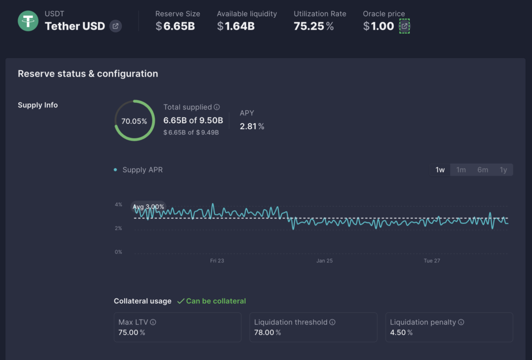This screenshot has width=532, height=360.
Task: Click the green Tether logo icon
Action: pos(28,21)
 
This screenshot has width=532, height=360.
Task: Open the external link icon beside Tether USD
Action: pos(115,26)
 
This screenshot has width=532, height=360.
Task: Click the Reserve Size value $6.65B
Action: pos(175,26)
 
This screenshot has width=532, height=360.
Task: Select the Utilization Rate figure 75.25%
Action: pos(314,26)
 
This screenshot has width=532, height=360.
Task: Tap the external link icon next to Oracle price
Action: pos(404,26)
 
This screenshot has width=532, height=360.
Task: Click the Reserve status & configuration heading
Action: pos(88,74)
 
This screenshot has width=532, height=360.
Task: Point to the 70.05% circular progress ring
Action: pos(134,121)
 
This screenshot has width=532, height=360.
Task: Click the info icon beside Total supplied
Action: pos(217,107)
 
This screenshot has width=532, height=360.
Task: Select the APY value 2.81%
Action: pos(251,126)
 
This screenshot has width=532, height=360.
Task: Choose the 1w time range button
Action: pos(440,170)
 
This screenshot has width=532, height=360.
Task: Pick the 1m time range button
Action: pos(461,170)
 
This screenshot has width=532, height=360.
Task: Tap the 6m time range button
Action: pos(483,170)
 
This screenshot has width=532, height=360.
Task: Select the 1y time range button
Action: pos(503,170)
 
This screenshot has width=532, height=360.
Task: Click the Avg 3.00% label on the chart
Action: pos(149,207)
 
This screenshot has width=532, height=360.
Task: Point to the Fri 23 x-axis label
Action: pos(217,261)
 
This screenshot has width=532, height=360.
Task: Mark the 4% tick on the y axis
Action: pos(118,205)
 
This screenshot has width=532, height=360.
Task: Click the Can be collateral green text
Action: pos(216,301)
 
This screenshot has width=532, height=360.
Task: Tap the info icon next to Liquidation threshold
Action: pos(332,322)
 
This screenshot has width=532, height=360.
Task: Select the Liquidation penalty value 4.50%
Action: pos(401,332)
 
